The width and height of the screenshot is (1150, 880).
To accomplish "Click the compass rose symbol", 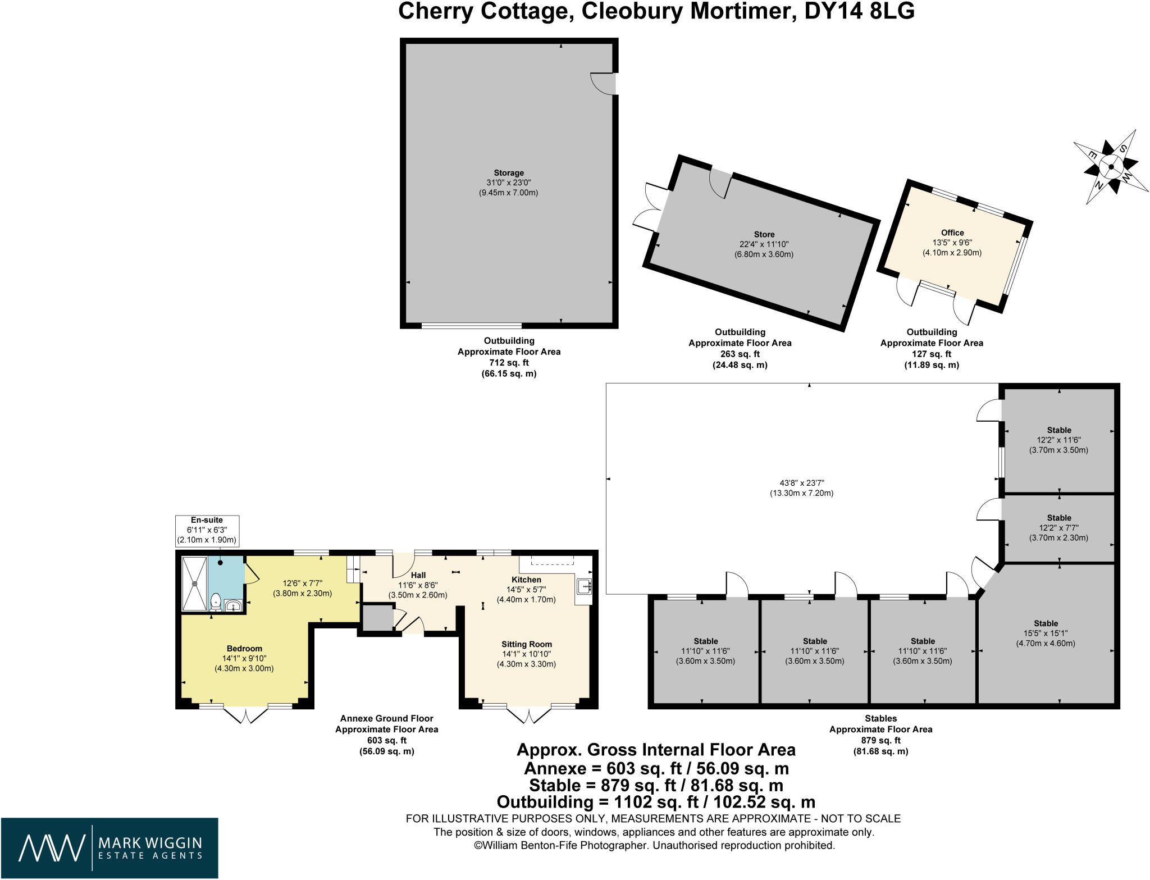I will pyautogui.click(x=1111, y=166).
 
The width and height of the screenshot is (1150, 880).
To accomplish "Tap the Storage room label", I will pyautogui.click(x=509, y=173).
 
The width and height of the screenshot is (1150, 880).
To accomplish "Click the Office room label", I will pyautogui.click(x=952, y=232).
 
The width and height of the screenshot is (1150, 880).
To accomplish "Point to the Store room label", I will pyautogui.click(x=764, y=234).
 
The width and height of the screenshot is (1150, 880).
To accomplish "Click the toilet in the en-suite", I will pyautogui.click(x=216, y=603).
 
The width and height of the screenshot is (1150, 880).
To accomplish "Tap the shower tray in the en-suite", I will pyautogui.click(x=194, y=583).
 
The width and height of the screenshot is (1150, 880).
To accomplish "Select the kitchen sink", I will pyautogui.click(x=584, y=586).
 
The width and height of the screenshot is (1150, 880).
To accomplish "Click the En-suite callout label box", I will pyautogui.click(x=207, y=530).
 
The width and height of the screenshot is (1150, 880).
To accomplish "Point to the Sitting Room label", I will pyautogui.click(x=527, y=644).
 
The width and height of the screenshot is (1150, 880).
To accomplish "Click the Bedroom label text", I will pyautogui.click(x=244, y=648).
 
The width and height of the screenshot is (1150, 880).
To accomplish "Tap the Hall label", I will pyautogui.click(x=418, y=575).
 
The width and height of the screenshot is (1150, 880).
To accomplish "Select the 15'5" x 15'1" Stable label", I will pyautogui.click(x=1046, y=623).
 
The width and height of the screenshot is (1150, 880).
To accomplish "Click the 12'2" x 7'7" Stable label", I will pyautogui.click(x=1059, y=518).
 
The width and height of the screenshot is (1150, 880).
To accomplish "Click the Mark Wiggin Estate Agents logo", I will pyautogui.click(x=109, y=848).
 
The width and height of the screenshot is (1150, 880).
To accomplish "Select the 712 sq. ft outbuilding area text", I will pyautogui.click(x=509, y=363).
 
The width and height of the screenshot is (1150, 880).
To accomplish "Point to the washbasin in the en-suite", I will pyautogui.click(x=233, y=606).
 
